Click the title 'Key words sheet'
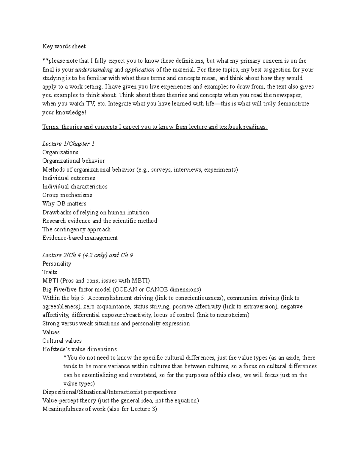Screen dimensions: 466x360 tap(64, 46)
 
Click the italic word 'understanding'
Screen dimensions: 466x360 tap(94, 70)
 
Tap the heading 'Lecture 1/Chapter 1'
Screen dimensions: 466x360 tap(68, 144)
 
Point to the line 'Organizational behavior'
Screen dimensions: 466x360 tap(73, 161)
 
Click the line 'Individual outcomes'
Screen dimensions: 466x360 tap(69, 178)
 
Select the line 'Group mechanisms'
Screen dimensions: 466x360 tap(67, 195)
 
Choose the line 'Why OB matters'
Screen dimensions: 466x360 tap(64, 203)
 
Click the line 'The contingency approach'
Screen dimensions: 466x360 tap(76, 229)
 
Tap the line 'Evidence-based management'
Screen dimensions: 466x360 tap(80, 238)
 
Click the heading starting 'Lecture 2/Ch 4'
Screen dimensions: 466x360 tap(88, 255)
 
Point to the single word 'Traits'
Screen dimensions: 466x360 tap(49, 272)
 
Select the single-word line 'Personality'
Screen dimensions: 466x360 tap(57, 264)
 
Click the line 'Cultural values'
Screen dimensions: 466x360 tap(62, 341)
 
